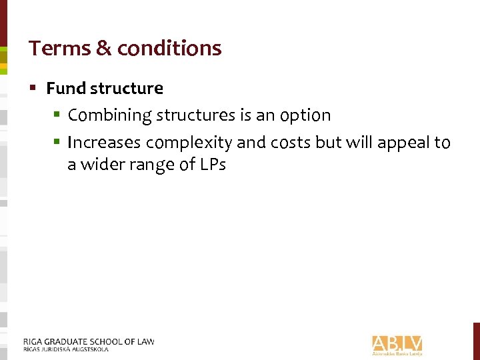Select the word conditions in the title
pos(169,48)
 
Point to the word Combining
pos(110,115)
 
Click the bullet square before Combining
pos(58,115)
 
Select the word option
pos(305,115)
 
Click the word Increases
pos(104,143)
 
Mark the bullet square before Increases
pos(58,143)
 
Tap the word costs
pos(287,143)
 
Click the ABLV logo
pos(397,344)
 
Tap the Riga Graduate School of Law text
pos(88,341)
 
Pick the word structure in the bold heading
pos(127,88)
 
